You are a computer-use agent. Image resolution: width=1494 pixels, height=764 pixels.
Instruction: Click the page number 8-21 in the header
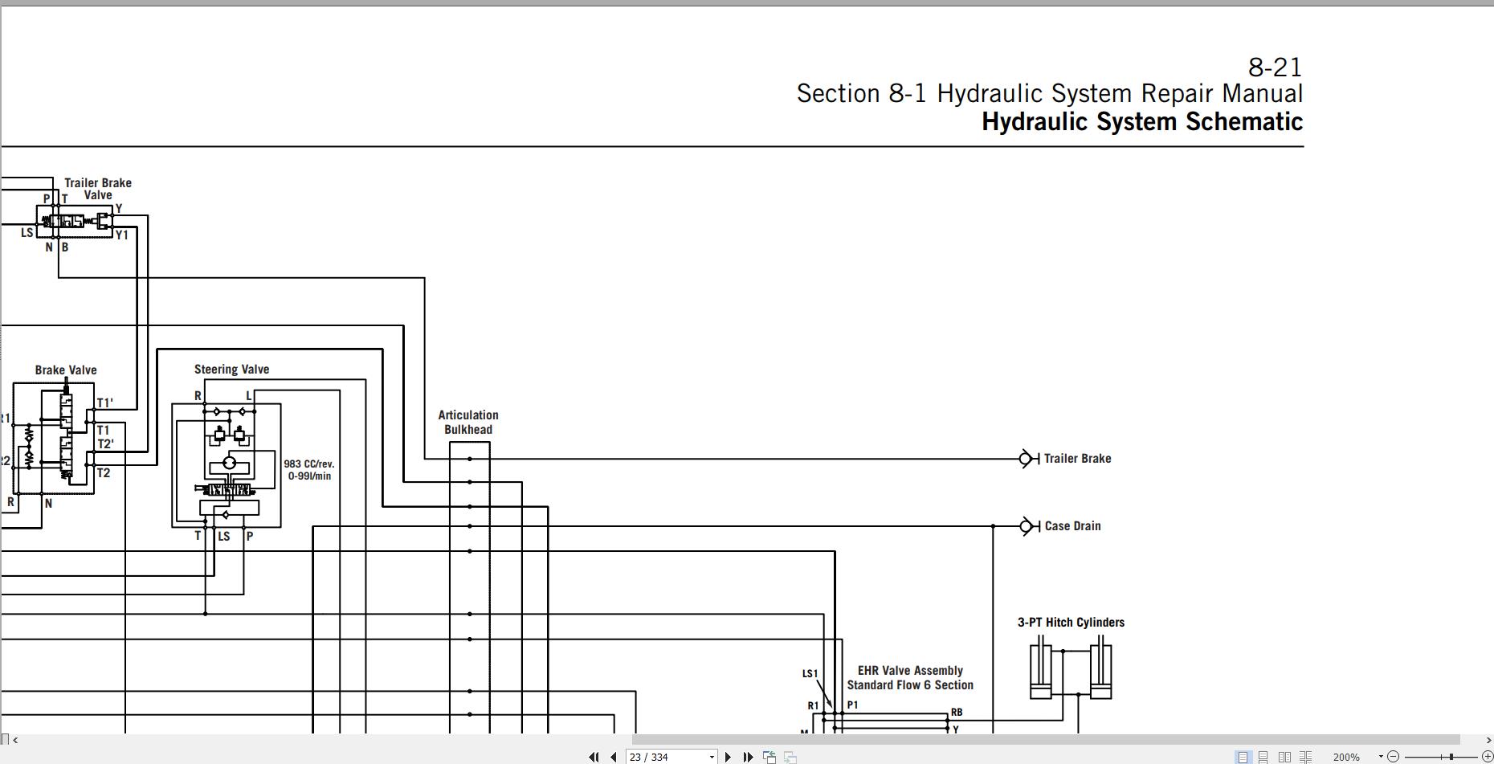pos(1275,67)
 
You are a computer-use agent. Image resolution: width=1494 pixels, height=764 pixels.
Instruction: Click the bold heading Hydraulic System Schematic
pos(1142,121)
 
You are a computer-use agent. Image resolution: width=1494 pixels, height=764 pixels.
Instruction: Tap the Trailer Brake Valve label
pos(98,189)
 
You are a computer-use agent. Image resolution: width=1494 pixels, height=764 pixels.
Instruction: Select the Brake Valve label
pos(66,370)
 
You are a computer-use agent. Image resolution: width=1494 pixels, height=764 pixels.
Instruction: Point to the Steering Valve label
pos(231,370)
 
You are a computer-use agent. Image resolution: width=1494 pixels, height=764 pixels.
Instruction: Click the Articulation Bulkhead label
pos(468,423)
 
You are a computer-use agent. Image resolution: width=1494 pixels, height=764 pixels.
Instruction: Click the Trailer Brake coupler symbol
pos(1028,459)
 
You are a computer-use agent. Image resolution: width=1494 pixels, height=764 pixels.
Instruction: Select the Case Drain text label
pos(1072,526)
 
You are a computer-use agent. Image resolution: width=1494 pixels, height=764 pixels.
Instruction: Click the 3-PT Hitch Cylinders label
pos(1071,623)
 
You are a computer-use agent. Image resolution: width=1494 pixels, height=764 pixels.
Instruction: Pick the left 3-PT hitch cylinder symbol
pos(1041,668)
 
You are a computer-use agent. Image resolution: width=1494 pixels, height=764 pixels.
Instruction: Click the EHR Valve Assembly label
pos(910,671)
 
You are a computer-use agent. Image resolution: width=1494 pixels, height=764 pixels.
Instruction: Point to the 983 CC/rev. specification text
pos(308,464)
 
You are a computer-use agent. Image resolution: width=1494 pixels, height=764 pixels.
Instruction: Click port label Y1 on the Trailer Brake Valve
pos(122,235)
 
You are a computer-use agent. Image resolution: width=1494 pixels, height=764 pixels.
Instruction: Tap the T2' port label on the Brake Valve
pos(106,444)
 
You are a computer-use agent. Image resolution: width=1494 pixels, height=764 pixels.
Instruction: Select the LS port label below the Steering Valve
pos(224,537)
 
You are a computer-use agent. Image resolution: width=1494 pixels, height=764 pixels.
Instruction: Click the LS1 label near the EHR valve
pos(810,674)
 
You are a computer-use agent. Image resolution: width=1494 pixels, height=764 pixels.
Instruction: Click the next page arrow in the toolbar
pos(728,757)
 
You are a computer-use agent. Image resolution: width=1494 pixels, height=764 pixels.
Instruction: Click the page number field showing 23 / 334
pos(671,757)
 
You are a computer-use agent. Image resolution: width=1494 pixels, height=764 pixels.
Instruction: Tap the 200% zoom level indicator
pos(1346,757)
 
